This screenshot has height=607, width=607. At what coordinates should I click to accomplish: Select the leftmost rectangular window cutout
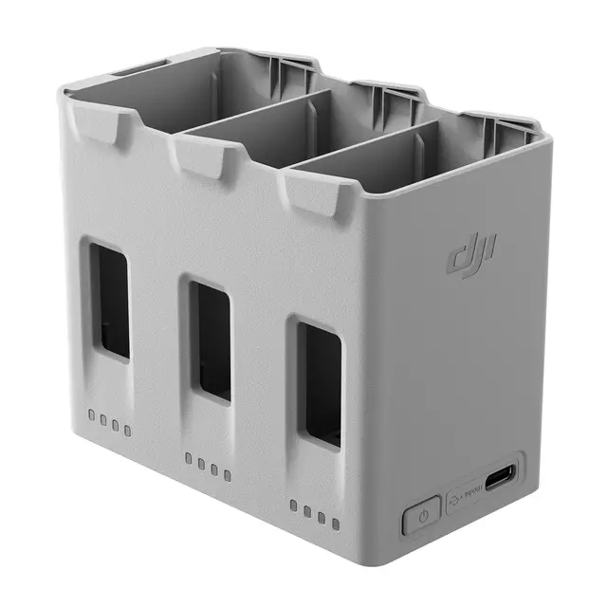tap(110, 300)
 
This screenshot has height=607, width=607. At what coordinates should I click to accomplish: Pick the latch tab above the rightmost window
tap(311, 190)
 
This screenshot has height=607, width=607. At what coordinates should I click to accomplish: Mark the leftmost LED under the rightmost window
tap(294, 506)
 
